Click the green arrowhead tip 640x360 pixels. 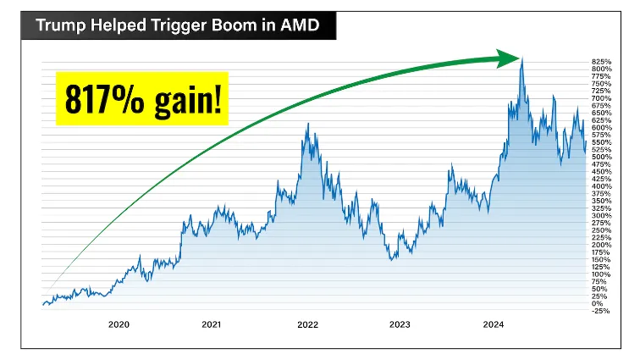tap(519, 58)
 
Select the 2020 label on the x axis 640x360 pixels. tap(119, 324)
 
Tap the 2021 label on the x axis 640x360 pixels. tap(212, 324)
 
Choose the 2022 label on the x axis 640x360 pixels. tap(306, 324)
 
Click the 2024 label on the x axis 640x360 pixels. tap(494, 324)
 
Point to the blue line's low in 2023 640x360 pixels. tap(393, 258)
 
